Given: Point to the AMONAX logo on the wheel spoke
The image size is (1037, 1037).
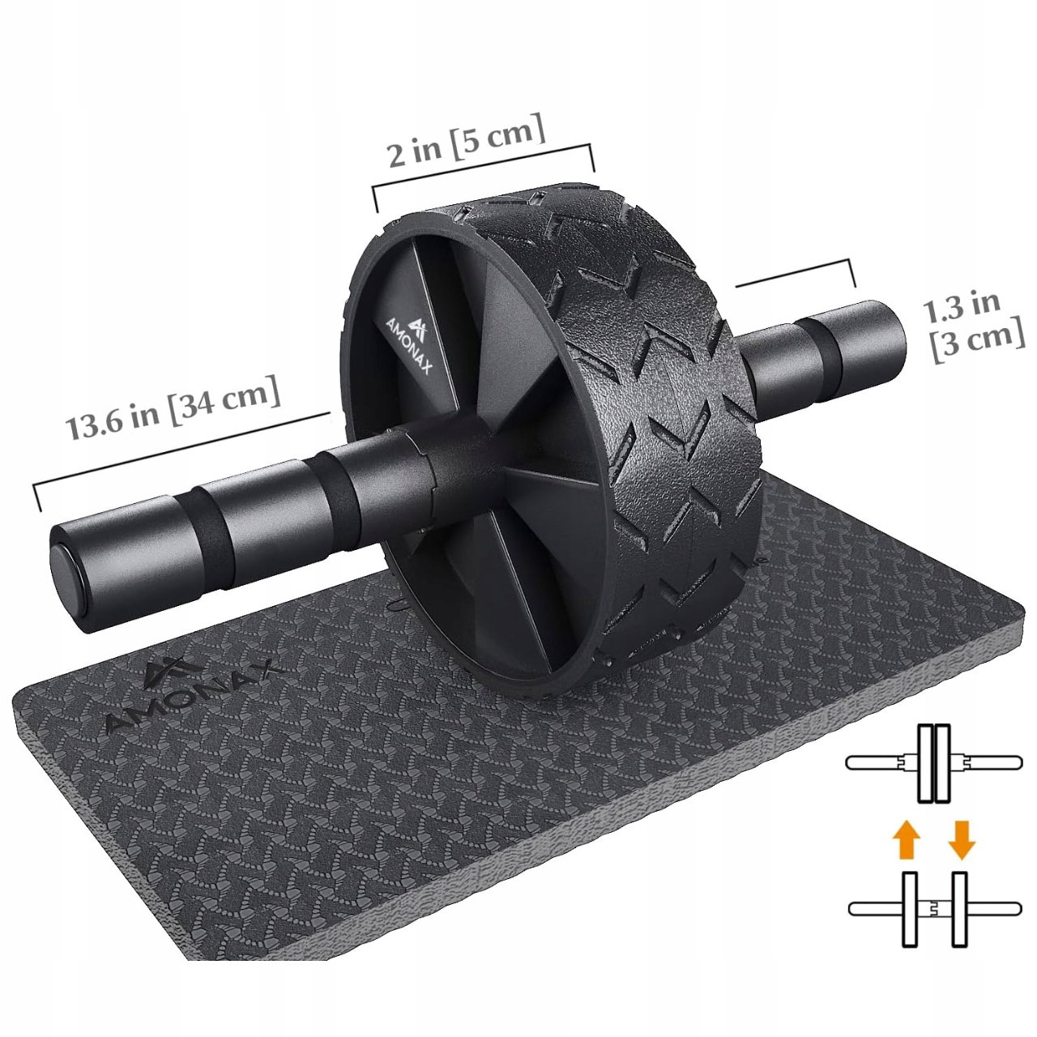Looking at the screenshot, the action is pyautogui.click(x=412, y=344).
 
